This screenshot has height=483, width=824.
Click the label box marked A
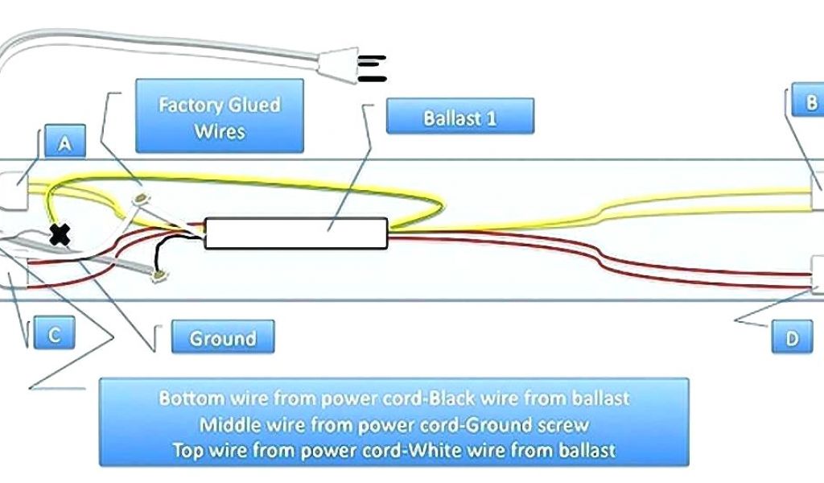coord(64,143)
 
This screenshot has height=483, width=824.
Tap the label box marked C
coord(54,333)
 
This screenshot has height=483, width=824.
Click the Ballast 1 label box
coord(459,118)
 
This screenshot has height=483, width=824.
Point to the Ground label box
coord(222,337)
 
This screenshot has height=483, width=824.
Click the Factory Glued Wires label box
coord(219,116)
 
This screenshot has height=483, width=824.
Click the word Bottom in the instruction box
coord(186,398)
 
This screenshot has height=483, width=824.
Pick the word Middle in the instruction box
coord(226,424)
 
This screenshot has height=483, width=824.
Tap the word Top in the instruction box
coord(187,450)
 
